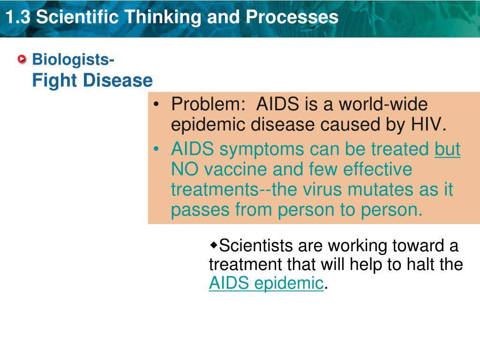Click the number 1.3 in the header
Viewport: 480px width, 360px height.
(18, 17)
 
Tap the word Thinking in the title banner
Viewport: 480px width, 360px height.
(163, 17)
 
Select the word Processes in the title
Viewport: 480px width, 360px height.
(292, 17)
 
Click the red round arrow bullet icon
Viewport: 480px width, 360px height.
(22, 59)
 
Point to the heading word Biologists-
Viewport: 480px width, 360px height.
(73, 60)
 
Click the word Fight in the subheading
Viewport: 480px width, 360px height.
(54, 81)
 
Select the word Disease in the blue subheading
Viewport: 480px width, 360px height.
(118, 81)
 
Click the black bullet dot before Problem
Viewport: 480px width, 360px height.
(157, 105)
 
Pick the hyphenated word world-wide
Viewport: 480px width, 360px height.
(383, 104)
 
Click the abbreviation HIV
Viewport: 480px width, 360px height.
(428, 124)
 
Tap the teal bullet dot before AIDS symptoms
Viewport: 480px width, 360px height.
(157, 149)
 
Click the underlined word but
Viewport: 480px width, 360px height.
(447, 149)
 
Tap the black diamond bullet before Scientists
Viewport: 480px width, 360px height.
(213, 245)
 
